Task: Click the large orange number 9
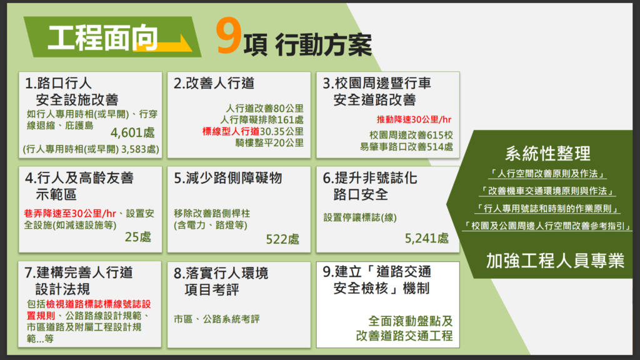tap(228, 36)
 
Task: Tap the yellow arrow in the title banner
tap(163, 43)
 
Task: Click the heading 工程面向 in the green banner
tap(102, 38)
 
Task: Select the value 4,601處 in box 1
tap(132, 132)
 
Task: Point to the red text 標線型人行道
tap(231, 131)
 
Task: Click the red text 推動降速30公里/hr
tap(414, 119)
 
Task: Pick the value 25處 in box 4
tap(138, 237)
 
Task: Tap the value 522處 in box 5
tap(282, 239)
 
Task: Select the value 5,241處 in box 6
tap(426, 238)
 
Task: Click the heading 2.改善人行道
tap(214, 83)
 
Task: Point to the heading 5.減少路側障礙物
tap(227, 178)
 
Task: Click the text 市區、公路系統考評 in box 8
tap(217, 319)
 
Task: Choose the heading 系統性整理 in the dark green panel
tap(547, 154)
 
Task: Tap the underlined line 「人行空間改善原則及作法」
tap(547, 174)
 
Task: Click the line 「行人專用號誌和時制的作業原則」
tap(547, 209)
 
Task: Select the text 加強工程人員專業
tap(555, 261)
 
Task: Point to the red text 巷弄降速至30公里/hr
tap(70, 214)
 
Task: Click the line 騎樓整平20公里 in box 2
tap(269, 143)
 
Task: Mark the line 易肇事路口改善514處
tap(406, 146)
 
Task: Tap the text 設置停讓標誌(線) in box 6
tap(360, 217)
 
